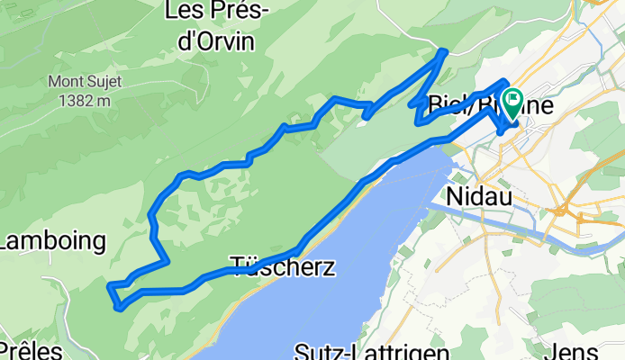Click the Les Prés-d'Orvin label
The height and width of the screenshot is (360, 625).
[210, 26]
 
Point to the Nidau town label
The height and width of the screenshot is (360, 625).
[478, 195]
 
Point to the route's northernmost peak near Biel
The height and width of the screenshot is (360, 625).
[443, 52]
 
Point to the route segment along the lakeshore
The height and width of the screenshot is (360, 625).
[342, 202]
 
